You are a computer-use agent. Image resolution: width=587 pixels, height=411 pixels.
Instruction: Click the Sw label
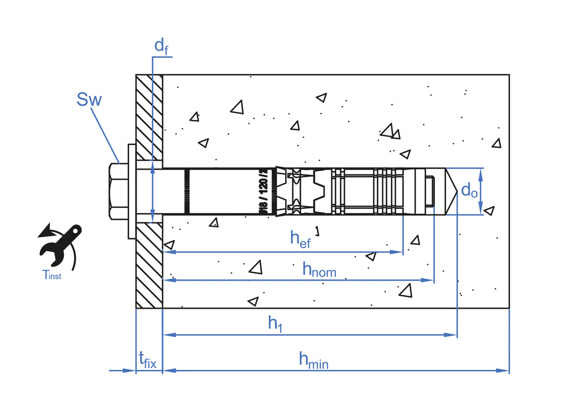click(x=89, y=100)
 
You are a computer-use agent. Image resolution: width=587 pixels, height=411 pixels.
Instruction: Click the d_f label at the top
click(x=161, y=46)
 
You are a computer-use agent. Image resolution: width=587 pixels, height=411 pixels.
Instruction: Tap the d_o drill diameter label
click(x=468, y=191)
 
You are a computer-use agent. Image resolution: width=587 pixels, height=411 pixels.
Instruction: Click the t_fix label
click(x=147, y=359)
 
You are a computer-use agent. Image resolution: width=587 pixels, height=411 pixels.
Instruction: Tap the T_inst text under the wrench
click(x=52, y=275)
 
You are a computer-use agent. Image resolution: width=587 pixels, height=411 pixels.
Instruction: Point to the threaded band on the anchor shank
click(x=187, y=191)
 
